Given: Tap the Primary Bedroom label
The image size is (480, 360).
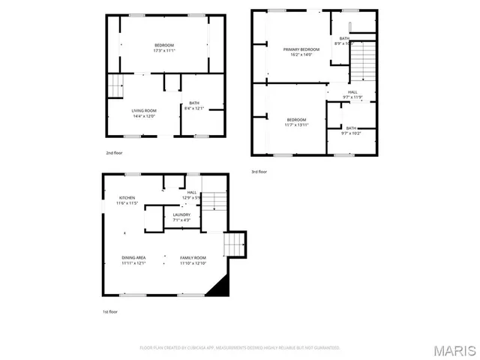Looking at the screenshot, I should tap(301, 52).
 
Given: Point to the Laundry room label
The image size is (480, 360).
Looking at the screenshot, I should tap(181, 217).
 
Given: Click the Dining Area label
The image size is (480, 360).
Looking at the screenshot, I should tap(133, 260).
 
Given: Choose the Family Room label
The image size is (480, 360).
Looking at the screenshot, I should tap(193, 260).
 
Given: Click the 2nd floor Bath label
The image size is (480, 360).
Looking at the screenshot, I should tap(194, 106).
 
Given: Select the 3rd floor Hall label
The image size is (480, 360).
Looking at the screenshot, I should tap(352, 94).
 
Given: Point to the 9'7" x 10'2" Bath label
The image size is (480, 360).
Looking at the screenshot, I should tap(351, 130).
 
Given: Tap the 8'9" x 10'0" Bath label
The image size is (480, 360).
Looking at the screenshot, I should tap(345, 41).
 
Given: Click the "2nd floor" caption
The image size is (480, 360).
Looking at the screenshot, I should tap(114, 153).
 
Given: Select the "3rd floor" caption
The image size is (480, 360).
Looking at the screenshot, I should tap(259, 172).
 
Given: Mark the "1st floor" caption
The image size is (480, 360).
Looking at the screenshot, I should tap(110, 311).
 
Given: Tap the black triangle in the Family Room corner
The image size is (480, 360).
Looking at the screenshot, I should tap(218, 289).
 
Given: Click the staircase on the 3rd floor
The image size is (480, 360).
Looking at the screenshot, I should tap(363, 63).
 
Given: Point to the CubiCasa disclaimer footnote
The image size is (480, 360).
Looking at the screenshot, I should tap(240, 348).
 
